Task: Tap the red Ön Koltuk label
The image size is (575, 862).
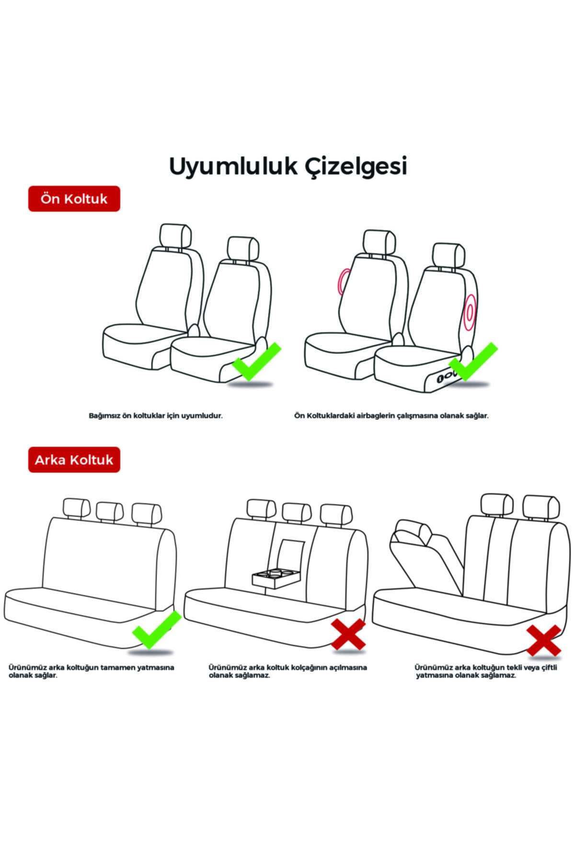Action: click(x=74, y=199)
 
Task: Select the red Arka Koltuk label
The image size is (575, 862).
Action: click(x=74, y=460)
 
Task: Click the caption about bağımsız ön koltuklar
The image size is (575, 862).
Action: click(x=156, y=416)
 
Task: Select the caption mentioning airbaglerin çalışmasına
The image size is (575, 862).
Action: click(x=391, y=416)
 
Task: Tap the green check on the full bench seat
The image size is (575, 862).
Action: click(x=156, y=630)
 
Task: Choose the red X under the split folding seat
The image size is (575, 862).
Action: click(x=543, y=640)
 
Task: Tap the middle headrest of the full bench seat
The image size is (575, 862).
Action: click(x=110, y=511)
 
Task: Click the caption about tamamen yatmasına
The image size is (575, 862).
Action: click(x=91, y=671)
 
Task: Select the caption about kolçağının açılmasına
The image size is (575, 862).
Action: click(x=287, y=671)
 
